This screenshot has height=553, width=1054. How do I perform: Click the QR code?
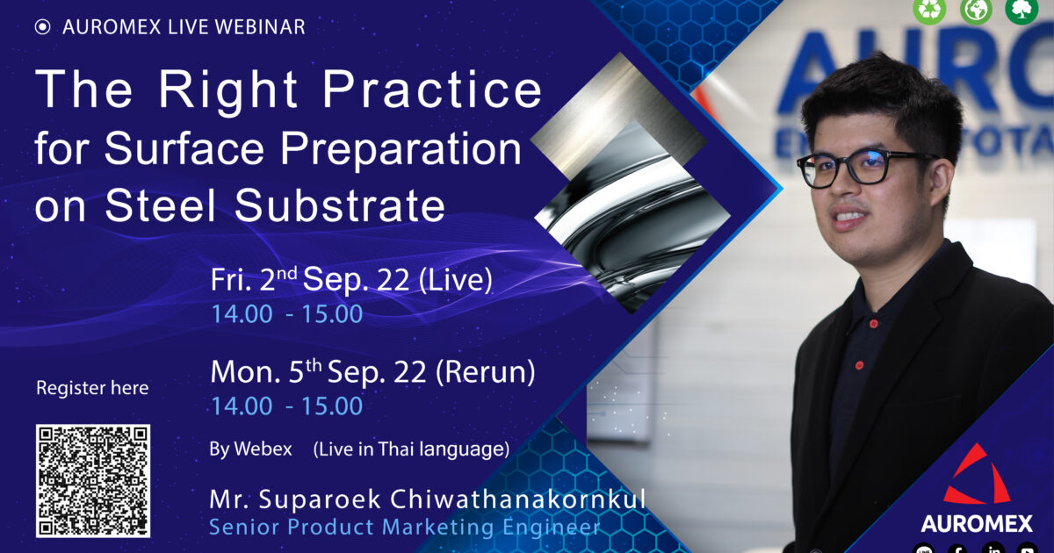pyautogui.click(x=93, y=481)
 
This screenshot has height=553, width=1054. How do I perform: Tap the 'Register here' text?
pyautogui.click(x=92, y=388)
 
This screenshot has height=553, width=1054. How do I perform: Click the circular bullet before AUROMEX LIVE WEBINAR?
pyautogui.click(x=42, y=27)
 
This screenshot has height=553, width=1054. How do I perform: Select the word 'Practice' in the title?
pyautogui.click(x=432, y=90)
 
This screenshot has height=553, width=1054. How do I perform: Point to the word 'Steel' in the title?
pyautogui.click(x=160, y=205)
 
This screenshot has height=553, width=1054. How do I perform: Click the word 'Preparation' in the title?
pyautogui.click(x=401, y=150)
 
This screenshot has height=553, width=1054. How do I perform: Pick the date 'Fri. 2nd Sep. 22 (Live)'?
pyautogui.click(x=351, y=279)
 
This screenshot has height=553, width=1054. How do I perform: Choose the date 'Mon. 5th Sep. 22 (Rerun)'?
pyautogui.click(x=372, y=372)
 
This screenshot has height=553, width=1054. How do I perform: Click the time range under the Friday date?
pyautogui.click(x=287, y=313)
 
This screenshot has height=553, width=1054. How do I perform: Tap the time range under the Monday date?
pyautogui.click(x=287, y=406)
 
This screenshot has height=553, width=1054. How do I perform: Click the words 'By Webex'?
pyautogui.click(x=251, y=449)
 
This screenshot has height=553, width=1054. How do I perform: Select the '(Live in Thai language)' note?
pyautogui.click(x=411, y=449)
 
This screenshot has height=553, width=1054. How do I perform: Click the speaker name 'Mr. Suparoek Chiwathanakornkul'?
pyautogui.click(x=428, y=499)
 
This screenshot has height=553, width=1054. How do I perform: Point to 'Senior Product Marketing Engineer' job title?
pyautogui.click(x=405, y=527)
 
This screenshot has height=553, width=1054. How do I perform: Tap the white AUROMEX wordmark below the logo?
pyautogui.click(x=977, y=523)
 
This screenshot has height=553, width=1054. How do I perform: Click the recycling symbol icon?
pyautogui.click(x=929, y=10)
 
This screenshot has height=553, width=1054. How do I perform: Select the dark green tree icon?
pyautogui.click(x=1022, y=10)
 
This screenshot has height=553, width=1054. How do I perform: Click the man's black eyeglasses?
pyautogui.click(x=866, y=168)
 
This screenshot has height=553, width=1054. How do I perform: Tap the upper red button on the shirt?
pyautogui.click(x=873, y=324)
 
